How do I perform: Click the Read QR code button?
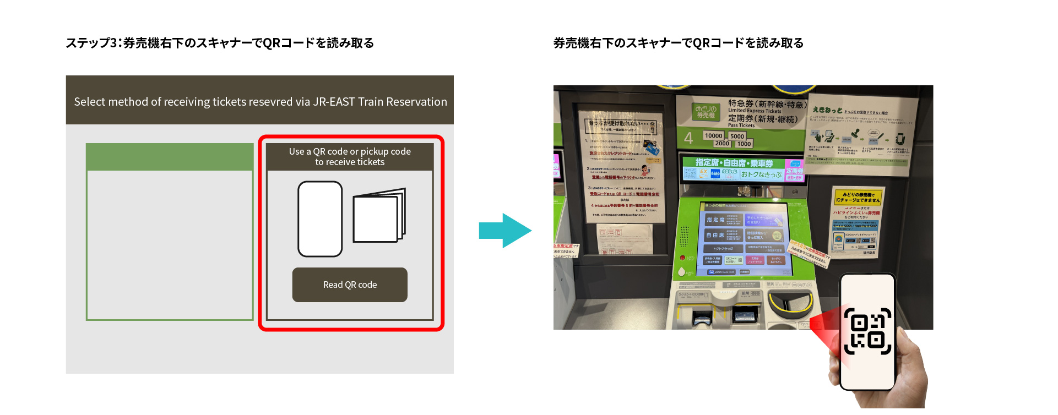(350, 285)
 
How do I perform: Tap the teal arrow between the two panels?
(504, 231)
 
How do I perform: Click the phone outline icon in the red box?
(320, 219)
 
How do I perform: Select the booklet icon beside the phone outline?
(379, 216)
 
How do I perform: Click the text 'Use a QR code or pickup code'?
(350, 151)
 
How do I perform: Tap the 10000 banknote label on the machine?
(713, 135)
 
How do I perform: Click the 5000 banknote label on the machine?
(737, 136)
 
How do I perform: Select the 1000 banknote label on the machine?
(744, 144)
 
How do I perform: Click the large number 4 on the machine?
(688, 138)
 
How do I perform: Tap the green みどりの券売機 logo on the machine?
(706, 112)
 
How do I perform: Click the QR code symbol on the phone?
(867, 331)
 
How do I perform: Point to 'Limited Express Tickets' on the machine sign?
(755, 111)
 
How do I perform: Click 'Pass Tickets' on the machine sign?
(741, 125)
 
